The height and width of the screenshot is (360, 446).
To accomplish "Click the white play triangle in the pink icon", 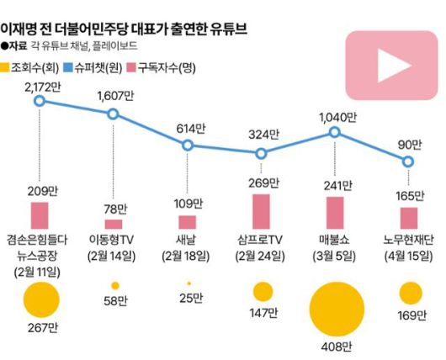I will tap(389, 66).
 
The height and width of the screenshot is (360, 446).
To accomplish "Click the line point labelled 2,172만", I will tap(39, 101).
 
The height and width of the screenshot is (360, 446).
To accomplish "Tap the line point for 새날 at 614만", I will tap(188, 145).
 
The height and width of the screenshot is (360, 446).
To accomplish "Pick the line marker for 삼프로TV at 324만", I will tap(262, 153).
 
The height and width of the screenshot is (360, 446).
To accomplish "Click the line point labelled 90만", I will tap(409, 161).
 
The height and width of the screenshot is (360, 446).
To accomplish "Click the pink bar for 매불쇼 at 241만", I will tap(335, 214).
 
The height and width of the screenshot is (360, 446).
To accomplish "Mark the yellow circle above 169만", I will tap(410, 292).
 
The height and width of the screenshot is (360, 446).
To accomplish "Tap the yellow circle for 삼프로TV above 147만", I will tap(263, 291).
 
